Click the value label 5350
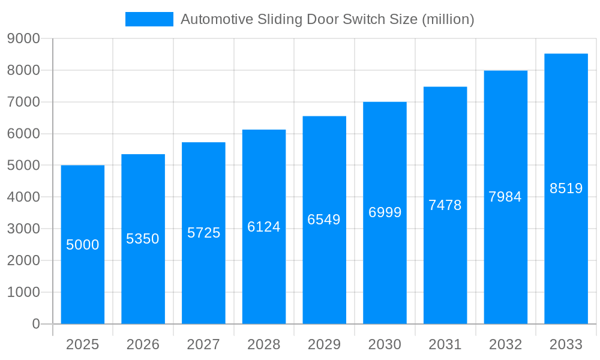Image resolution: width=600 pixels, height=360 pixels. pos(143,239)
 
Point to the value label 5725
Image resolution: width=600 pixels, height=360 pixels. pos(203,233)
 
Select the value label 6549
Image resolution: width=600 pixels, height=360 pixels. pos(324,220)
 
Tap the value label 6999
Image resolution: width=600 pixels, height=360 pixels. pos(385,212)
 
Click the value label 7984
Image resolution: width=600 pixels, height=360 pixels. pos(505,197)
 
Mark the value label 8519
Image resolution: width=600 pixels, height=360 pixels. pos(566,188)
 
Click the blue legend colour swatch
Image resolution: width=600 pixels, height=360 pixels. pos(149,19)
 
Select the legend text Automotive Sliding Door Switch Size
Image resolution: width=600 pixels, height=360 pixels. pos(327,19)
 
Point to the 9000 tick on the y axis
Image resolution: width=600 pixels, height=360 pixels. pos(24,39)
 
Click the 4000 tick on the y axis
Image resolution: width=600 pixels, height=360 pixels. pos(24,197)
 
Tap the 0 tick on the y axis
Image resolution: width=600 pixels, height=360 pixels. pos(35,324)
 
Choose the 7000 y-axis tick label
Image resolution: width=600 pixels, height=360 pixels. pos(24,102)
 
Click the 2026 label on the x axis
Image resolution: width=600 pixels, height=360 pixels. pos(143,344)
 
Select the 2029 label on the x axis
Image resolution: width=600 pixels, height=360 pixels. pos(324,344)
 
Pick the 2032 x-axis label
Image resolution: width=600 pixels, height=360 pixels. pos(505,344)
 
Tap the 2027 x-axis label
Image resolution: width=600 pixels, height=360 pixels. pos(203,344)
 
